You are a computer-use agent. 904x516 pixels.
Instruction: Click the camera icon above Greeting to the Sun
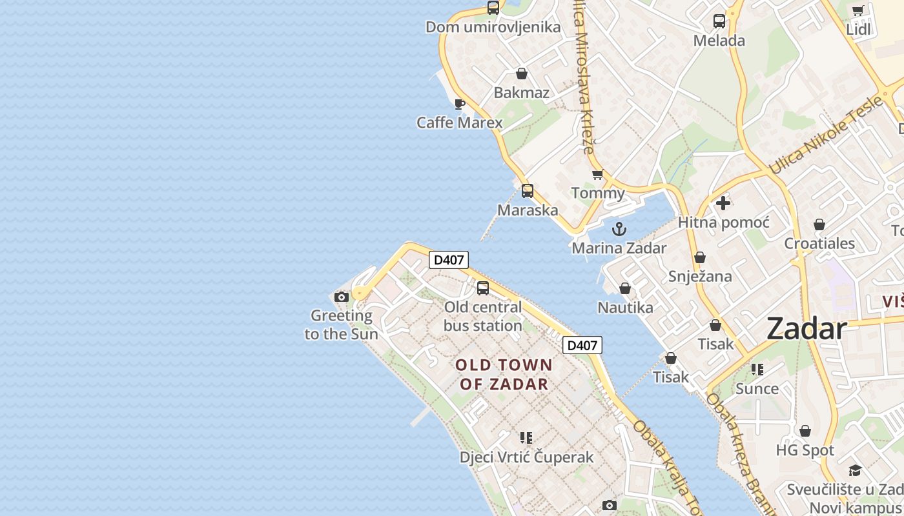point(342,297)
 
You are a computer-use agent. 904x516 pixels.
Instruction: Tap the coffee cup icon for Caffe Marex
point(460,104)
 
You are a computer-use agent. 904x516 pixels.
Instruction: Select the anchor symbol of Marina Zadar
point(619,229)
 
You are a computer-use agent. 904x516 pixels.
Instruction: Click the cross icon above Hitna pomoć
point(723,203)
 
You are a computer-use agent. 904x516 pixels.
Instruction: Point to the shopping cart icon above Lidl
point(858,10)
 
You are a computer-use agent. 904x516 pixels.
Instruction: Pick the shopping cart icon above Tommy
point(598,175)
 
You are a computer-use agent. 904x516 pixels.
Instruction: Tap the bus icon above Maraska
point(528,191)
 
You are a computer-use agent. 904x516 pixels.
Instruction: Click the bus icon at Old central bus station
point(483,288)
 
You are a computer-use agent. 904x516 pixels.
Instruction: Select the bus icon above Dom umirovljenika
point(493,8)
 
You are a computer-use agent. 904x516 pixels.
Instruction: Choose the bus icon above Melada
point(719,21)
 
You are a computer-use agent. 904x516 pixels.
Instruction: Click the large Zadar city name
point(806,329)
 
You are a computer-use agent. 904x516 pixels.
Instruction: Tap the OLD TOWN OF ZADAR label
point(504,375)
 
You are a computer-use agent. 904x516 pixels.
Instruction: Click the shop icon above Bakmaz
point(522,74)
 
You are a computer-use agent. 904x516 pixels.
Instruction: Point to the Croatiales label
point(819,244)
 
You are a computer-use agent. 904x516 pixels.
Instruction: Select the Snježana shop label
point(700,277)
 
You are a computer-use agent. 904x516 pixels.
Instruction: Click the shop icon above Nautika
point(625,288)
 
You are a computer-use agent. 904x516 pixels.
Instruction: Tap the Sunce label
point(757,389)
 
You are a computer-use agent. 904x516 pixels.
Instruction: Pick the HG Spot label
point(805,450)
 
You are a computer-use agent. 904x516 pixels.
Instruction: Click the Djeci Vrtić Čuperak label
point(526,457)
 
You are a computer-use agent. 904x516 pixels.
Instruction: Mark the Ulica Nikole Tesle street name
point(826,136)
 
